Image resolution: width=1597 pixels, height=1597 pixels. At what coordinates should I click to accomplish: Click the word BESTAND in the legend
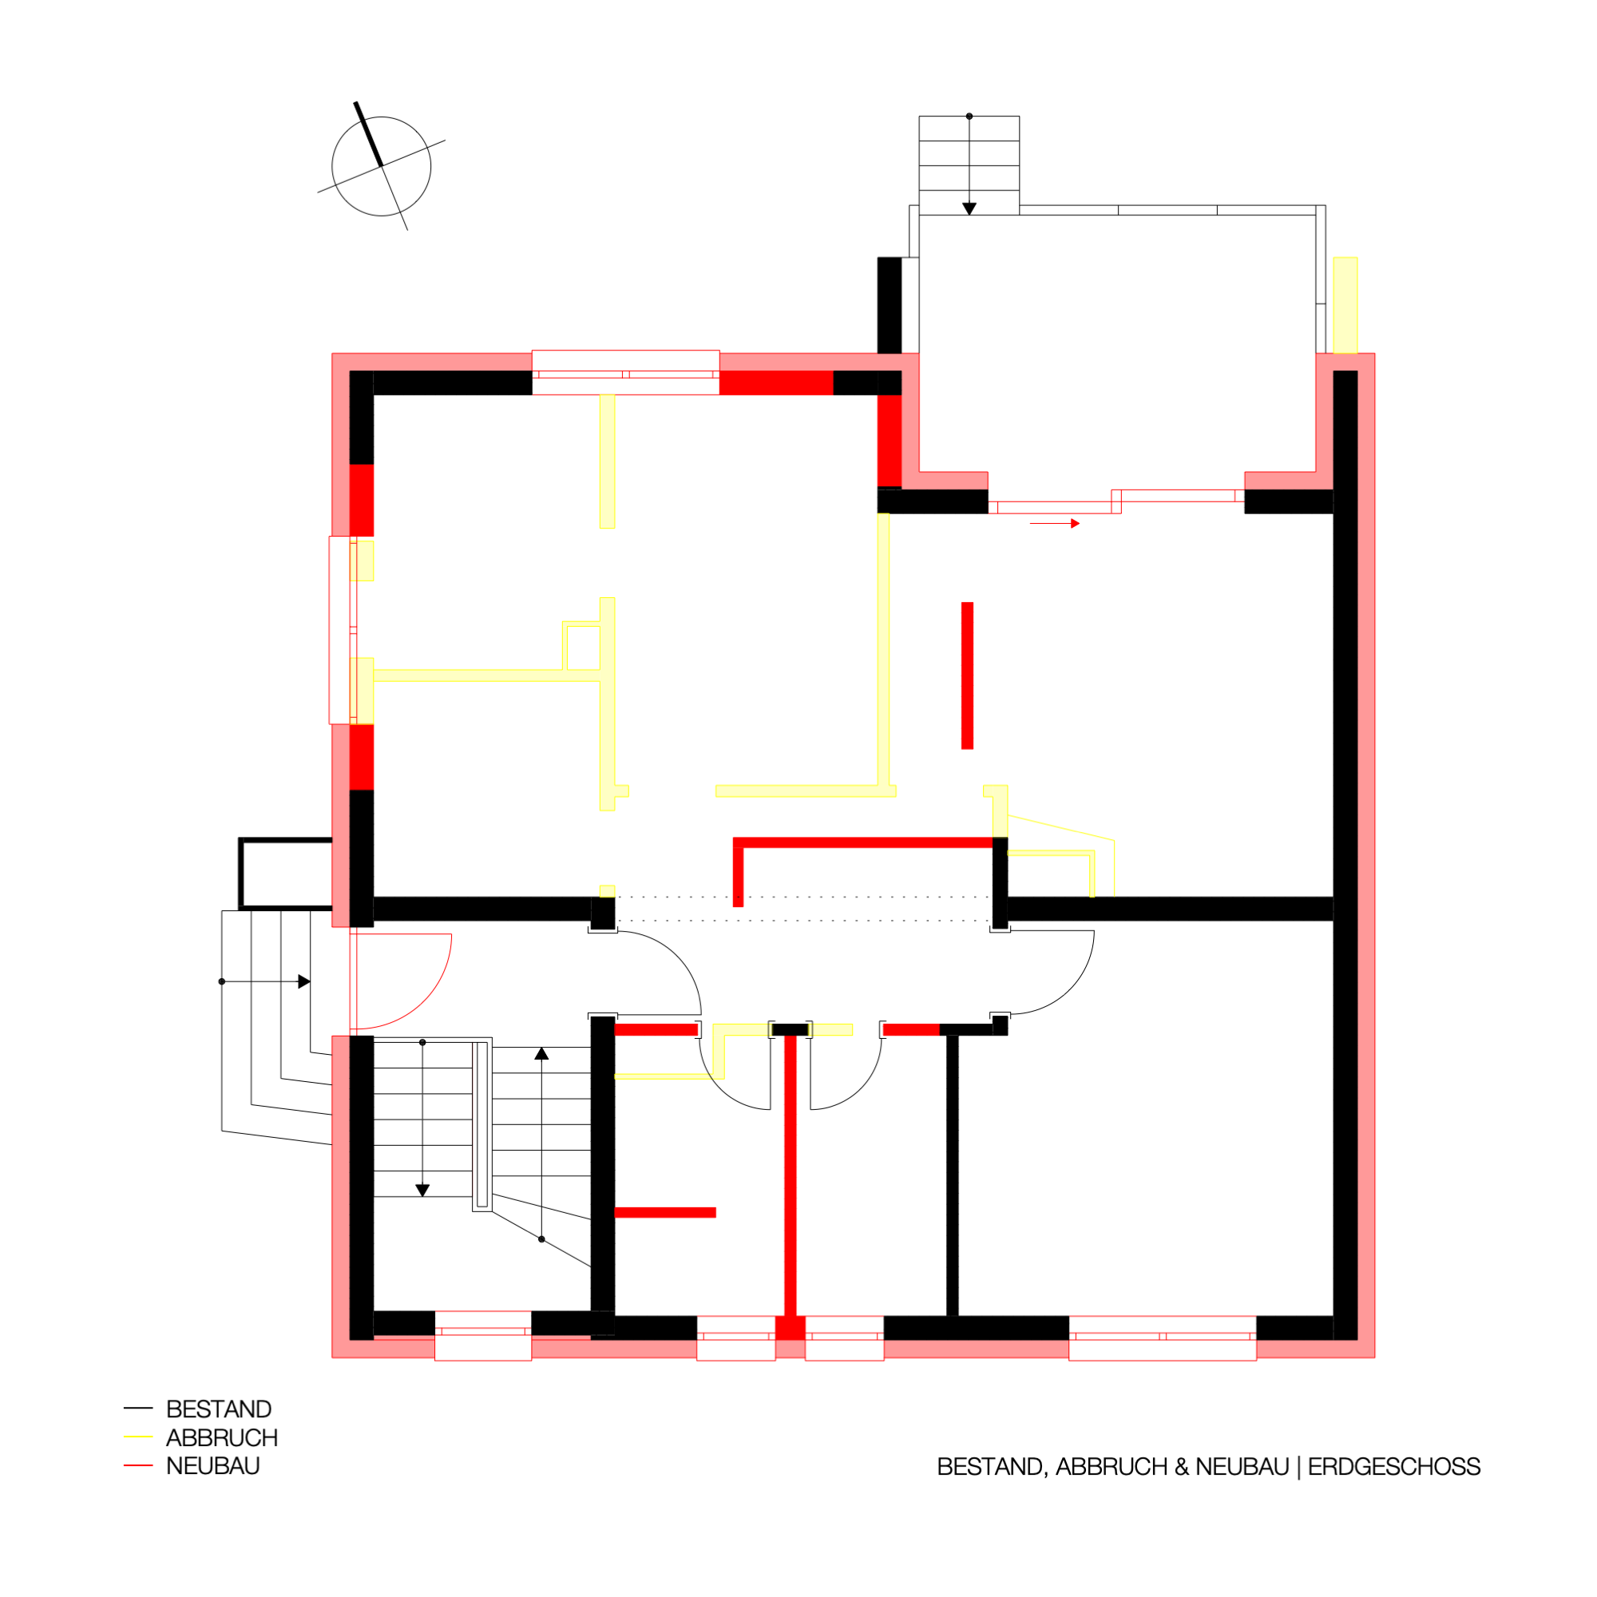point(219,1409)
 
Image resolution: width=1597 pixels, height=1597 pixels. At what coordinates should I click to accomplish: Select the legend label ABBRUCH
point(221,1438)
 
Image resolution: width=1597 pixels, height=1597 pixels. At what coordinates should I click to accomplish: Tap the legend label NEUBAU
point(213,1466)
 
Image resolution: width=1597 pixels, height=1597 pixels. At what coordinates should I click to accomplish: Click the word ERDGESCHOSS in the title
point(1394,1467)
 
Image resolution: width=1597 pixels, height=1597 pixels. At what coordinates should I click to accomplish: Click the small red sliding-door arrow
point(1055,523)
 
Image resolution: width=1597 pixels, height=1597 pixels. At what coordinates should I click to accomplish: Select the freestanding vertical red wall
point(967,676)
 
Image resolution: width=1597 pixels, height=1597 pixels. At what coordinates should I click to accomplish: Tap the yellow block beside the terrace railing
point(1345,305)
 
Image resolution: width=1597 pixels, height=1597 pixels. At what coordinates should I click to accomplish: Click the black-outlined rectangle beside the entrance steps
point(286,839)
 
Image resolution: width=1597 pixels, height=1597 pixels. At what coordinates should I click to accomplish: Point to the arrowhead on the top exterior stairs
point(969,209)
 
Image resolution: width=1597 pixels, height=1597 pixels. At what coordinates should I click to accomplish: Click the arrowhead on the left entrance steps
point(304,982)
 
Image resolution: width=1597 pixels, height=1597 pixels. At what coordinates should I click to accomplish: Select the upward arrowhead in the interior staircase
point(541,1054)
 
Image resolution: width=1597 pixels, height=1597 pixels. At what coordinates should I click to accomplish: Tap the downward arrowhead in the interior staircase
point(422,1191)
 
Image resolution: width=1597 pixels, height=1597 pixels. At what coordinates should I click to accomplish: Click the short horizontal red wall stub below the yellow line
point(665,1213)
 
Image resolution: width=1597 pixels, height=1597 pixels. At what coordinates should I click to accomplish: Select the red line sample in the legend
point(138,1465)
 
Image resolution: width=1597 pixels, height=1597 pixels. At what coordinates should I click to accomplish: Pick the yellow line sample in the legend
point(138,1437)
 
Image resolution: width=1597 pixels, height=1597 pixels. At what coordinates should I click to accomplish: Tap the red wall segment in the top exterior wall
point(776,382)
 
